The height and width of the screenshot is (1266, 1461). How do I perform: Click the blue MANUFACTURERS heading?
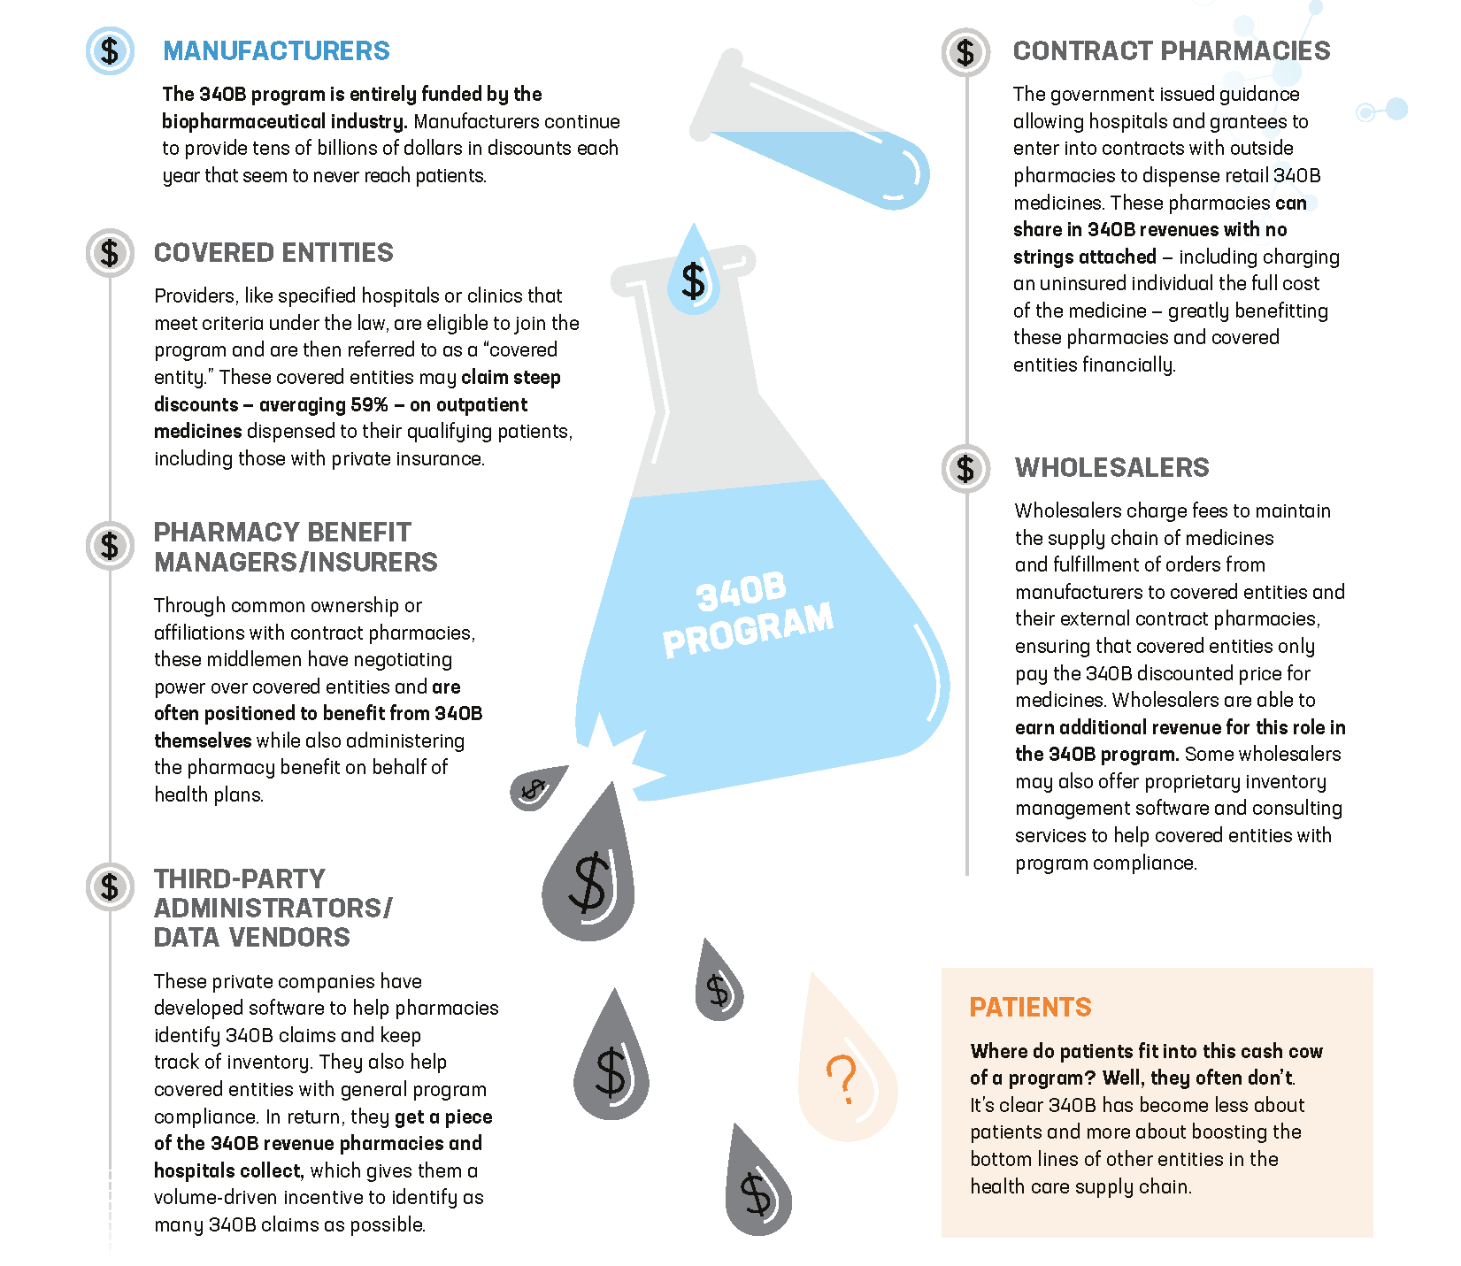[276, 51]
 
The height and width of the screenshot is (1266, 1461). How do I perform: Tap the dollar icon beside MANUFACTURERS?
[110, 51]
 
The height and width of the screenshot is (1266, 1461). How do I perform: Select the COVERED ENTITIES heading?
[273, 253]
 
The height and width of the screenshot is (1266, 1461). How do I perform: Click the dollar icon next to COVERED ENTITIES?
[110, 253]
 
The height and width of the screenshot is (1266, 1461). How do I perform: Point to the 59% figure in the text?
[369, 405]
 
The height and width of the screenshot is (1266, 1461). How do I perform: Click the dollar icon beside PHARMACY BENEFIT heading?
[110, 545]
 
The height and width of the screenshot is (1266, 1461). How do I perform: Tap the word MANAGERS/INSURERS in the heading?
[296, 563]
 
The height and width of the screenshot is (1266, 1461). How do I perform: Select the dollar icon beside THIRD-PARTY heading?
[110, 886]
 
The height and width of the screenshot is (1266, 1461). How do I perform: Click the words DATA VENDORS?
[252, 938]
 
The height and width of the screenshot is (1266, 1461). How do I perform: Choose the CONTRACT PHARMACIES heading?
[1172, 51]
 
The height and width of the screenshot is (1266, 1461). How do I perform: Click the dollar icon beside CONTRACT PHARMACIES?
[965, 52]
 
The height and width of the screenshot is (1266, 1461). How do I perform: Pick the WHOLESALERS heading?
[1111, 468]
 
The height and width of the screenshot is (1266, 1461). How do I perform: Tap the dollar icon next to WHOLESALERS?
[965, 468]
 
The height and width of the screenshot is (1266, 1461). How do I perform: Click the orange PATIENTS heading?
[1030, 1008]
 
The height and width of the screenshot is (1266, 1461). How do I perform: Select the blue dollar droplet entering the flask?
[694, 271]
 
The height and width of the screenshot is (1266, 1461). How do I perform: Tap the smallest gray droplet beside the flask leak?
[537, 786]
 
